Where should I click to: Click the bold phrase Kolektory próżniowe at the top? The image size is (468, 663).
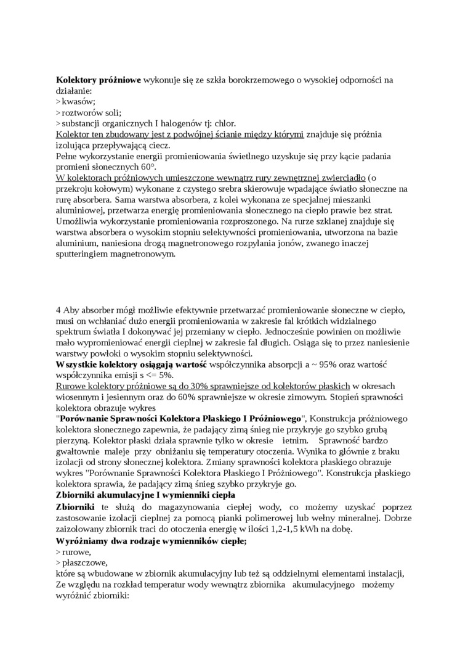point(99,80)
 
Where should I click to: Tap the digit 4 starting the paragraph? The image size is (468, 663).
point(58,309)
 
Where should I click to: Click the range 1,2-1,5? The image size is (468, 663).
point(302,529)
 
